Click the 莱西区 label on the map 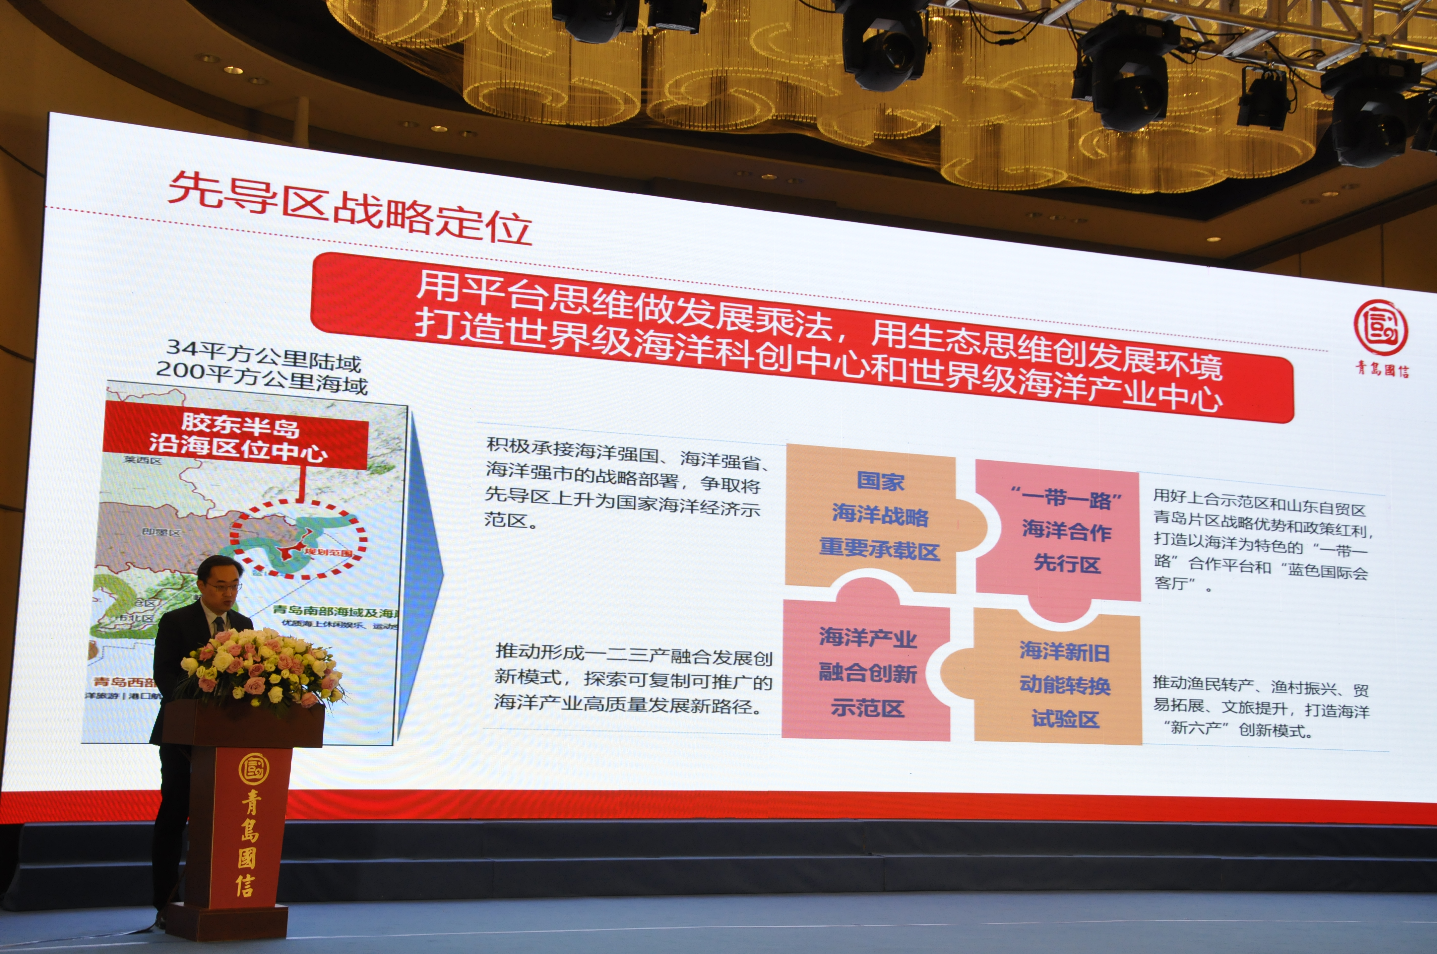click(x=142, y=460)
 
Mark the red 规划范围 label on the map click(x=329, y=552)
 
